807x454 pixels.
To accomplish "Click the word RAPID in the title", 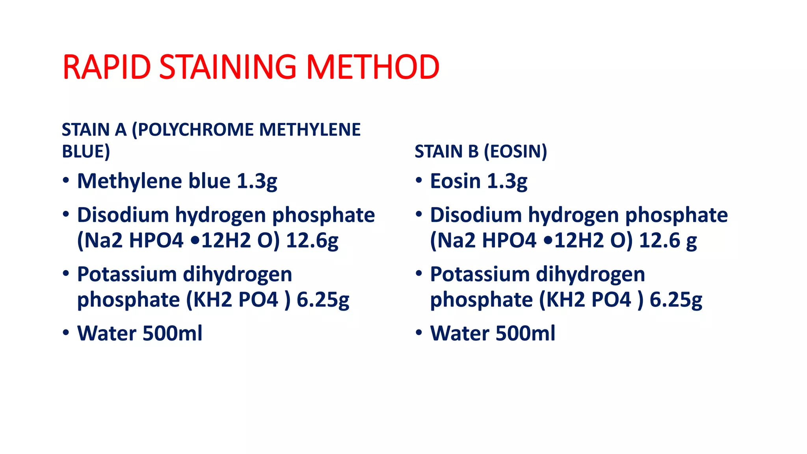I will click(x=106, y=67).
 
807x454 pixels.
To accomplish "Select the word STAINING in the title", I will click(x=228, y=67).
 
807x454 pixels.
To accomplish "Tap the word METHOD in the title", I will click(x=372, y=67).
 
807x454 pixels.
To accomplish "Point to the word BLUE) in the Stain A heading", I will click(x=86, y=152).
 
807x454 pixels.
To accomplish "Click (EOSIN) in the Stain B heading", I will click(x=515, y=152).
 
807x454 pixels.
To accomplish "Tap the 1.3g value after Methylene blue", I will click(x=257, y=181).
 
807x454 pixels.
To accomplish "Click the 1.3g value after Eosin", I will click(x=507, y=181).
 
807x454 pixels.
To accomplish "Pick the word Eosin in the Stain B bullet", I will click(x=455, y=181).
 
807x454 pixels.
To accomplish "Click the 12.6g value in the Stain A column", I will click(x=312, y=240).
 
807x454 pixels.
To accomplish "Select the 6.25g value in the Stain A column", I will click(x=323, y=300).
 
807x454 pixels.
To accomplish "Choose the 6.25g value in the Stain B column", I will click(x=676, y=300).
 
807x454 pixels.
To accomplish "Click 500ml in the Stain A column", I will click(x=172, y=333).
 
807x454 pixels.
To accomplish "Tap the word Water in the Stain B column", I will click(x=459, y=333).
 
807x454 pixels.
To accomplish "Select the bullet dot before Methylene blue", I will click(x=66, y=180).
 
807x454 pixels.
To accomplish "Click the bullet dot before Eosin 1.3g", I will click(x=419, y=180).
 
